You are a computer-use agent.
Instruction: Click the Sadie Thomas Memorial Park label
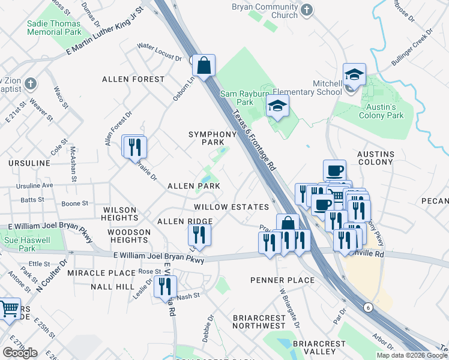(54, 26)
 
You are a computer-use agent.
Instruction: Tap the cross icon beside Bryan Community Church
(306, 10)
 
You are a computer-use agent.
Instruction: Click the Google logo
(20, 352)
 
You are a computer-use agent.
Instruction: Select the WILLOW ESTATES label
(231, 206)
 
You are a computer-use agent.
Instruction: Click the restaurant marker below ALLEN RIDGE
(199, 236)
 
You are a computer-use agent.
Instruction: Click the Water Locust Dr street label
(159, 52)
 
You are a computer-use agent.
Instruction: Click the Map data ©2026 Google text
(412, 355)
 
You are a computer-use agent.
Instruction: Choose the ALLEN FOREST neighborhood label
(133, 79)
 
